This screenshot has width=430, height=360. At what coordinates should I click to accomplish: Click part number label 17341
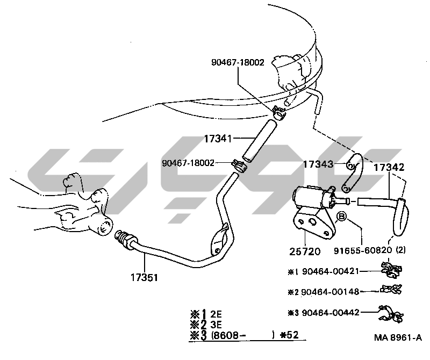click(x=217, y=139)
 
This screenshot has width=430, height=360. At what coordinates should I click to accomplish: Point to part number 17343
click(x=318, y=163)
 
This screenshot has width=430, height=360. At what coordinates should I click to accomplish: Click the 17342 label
click(x=389, y=168)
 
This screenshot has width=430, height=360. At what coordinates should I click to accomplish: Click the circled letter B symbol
click(x=340, y=217)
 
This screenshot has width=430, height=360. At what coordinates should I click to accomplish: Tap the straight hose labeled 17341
click(x=259, y=141)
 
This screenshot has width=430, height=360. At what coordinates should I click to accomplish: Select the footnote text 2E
click(x=216, y=314)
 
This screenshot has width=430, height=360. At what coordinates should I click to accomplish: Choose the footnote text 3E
click(x=216, y=324)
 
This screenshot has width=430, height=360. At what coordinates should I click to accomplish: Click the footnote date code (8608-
click(x=228, y=335)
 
